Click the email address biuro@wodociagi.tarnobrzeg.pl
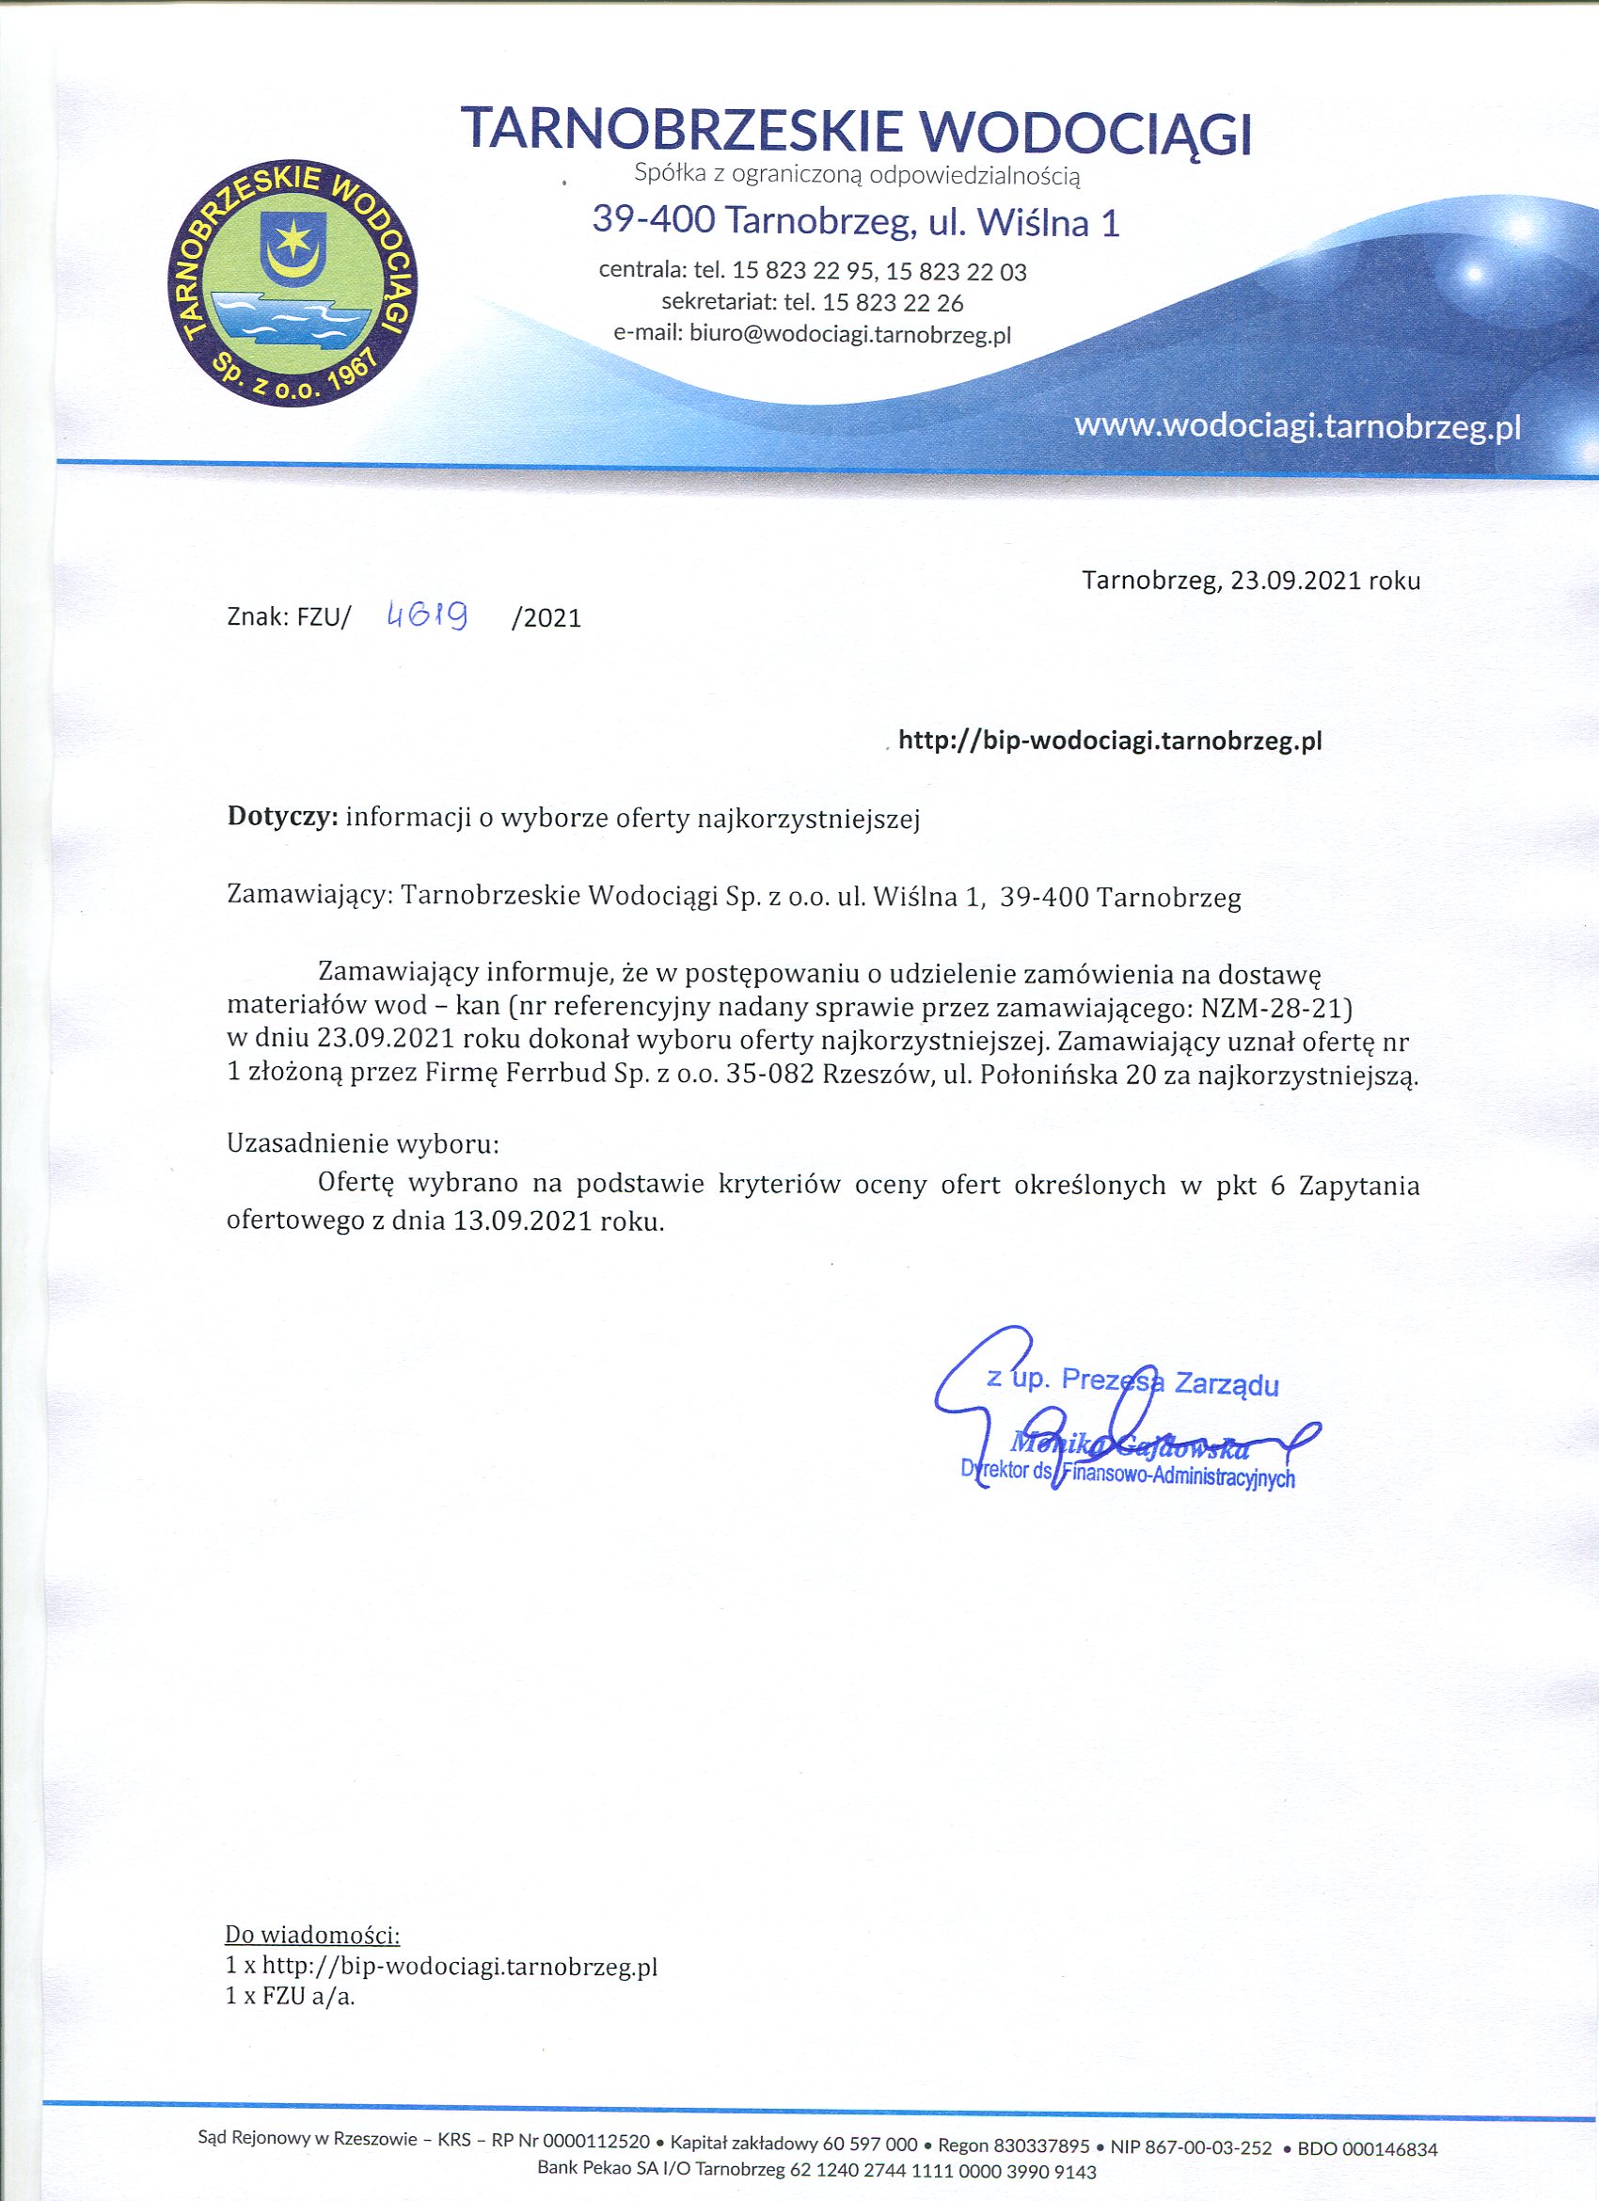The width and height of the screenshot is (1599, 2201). click(850, 334)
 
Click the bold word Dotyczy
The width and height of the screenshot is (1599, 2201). click(281, 818)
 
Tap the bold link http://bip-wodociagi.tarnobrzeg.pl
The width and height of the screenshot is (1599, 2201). click(1111, 742)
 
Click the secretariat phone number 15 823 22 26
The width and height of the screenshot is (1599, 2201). click(893, 303)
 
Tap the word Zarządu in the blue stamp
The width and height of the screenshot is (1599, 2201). click(1227, 1384)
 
